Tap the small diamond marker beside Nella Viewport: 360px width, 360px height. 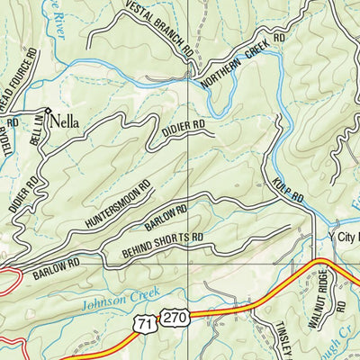click(x=49, y=112)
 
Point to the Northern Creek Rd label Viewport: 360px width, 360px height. click(x=242, y=62)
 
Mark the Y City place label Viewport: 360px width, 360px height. click(x=342, y=237)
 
